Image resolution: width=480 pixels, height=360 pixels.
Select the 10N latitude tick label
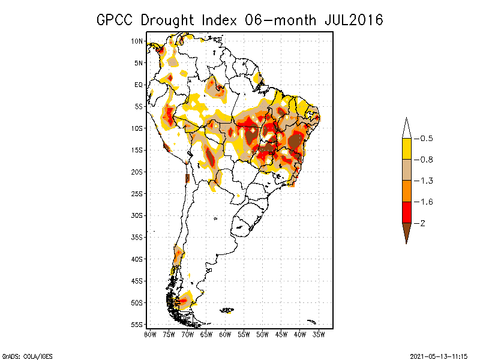click(137, 41)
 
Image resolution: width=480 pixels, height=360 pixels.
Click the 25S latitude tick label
click(137, 194)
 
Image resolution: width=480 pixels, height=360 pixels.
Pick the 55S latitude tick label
click(137, 325)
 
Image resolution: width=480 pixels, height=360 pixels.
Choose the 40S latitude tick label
click(137, 259)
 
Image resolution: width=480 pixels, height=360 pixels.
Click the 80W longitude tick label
click(150, 334)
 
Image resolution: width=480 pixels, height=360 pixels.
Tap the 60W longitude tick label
click(225, 334)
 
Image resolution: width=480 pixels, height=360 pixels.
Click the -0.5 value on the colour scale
click(424, 139)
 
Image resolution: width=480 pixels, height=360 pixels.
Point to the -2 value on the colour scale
click(421, 223)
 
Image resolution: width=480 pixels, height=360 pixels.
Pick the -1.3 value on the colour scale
click(424, 181)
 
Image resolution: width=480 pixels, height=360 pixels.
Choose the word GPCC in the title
click(116, 20)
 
